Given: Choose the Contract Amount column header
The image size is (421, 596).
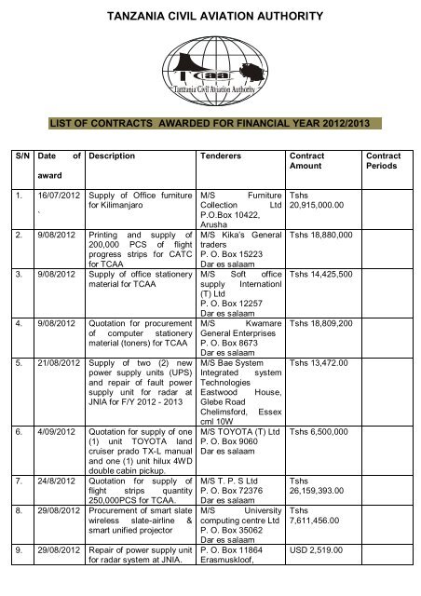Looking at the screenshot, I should [x=308, y=162].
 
